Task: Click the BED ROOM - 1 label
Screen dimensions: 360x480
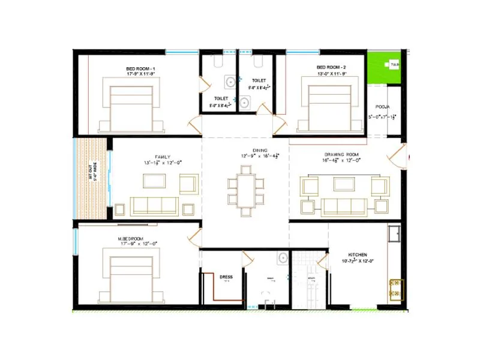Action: (140, 69)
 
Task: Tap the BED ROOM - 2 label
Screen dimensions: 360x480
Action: (331, 68)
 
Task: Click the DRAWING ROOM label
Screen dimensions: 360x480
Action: (341, 154)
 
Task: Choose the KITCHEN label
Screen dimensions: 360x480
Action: (358, 255)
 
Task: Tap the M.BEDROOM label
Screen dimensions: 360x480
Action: (134, 238)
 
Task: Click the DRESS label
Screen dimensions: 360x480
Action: (226, 277)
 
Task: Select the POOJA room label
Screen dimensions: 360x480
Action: (383, 106)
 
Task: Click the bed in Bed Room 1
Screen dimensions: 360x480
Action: (131, 106)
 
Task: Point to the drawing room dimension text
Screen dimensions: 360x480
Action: (343, 160)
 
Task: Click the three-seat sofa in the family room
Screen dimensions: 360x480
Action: (154, 205)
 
